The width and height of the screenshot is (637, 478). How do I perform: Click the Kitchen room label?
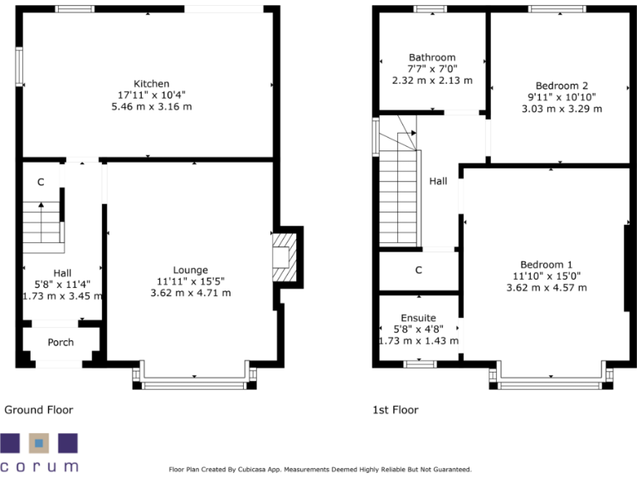[151, 84]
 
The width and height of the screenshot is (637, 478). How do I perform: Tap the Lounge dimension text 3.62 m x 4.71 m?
[190, 293]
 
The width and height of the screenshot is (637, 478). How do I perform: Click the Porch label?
[61, 342]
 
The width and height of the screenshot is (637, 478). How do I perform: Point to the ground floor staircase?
[41, 226]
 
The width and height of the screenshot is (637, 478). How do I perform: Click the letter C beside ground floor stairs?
[40, 182]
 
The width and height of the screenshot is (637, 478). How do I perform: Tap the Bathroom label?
[431, 57]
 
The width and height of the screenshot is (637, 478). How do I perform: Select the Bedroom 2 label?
[562, 85]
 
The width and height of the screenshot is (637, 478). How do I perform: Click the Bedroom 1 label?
[547, 264]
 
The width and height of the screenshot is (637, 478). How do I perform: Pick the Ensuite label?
[418, 318]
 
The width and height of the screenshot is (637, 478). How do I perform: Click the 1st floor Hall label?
[439, 181]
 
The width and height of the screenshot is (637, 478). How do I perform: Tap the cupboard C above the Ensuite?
[419, 270]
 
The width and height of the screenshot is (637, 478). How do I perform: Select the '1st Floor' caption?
[396, 410]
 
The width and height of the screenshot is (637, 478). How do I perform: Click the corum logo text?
[39, 466]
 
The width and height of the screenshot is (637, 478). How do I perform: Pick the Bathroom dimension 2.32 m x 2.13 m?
[431, 80]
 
